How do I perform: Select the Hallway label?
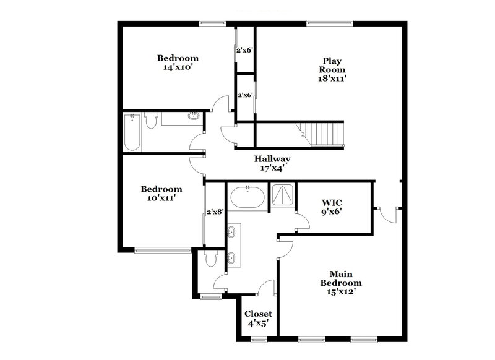coord(272,159)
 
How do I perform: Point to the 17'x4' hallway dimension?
coord(272,168)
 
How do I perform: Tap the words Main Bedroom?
coord(337,278)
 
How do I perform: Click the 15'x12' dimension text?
coord(337,292)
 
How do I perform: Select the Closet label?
coord(258,314)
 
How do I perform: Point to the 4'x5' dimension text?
coord(258,323)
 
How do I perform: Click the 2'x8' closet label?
coord(215,212)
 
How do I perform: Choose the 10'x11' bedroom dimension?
coord(161,199)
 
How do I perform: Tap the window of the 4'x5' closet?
coord(258,340)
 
